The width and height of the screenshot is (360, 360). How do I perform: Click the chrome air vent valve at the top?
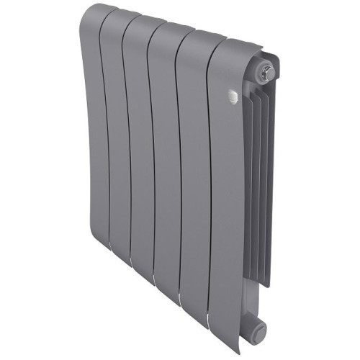269,71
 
